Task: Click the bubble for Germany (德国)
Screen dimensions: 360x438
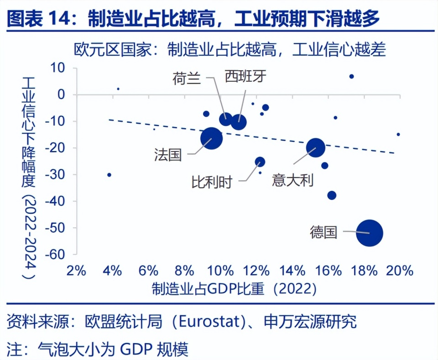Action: click(x=370, y=233)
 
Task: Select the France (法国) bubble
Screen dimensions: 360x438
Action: click(x=211, y=137)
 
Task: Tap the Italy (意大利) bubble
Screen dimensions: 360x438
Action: click(x=315, y=147)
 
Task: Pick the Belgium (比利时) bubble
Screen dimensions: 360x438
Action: click(x=260, y=162)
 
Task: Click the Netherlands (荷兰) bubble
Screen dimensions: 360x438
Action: click(x=225, y=119)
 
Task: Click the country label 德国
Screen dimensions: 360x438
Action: click(x=323, y=232)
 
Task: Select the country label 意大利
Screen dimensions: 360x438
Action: click(x=292, y=180)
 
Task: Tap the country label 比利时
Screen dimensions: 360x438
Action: click(x=212, y=183)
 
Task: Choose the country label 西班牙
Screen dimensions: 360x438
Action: click(x=245, y=77)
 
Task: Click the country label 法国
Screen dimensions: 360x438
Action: click(x=167, y=155)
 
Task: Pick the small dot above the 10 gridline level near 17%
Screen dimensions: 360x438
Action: click(x=351, y=76)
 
